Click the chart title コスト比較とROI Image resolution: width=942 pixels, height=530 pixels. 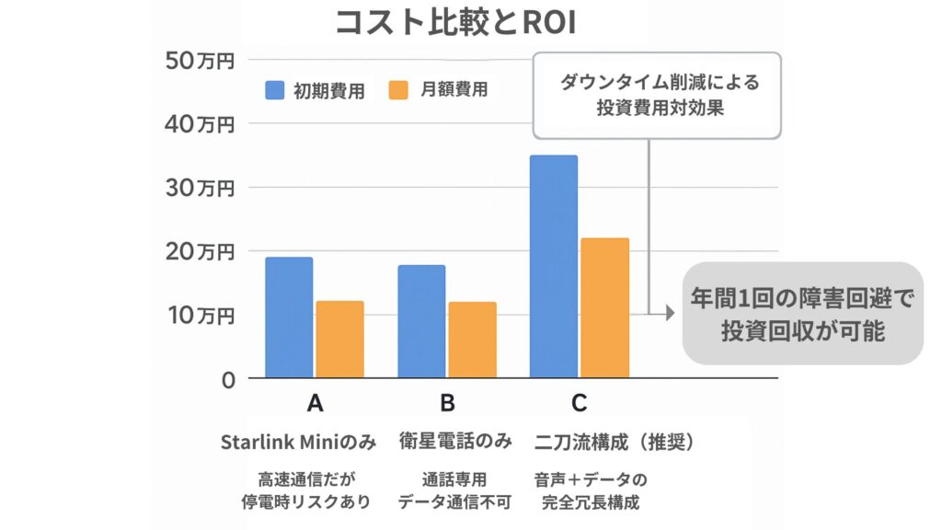click(x=454, y=23)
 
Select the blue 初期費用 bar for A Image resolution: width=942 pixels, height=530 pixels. click(x=289, y=317)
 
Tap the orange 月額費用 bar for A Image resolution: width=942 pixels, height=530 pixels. click(x=339, y=339)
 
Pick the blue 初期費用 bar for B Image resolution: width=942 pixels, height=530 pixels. click(x=421, y=321)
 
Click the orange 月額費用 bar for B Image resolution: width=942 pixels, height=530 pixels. click(x=472, y=340)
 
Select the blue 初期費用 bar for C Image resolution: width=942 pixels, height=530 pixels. click(x=554, y=267)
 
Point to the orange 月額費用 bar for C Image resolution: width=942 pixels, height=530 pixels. click(x=604, y=307)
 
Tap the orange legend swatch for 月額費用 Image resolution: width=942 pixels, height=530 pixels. click(x=397, y=90)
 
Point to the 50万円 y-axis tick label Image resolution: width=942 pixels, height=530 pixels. click(x=201, y=61)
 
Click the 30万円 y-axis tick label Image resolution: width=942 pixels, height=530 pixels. click(x=201, y=188)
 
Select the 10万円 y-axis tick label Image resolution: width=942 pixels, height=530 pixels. click(x=201, y=316)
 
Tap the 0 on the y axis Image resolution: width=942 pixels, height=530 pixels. click(x=228, y=379)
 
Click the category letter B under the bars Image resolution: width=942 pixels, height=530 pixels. click(x=447, y=403)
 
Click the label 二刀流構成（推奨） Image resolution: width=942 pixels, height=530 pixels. click(x=614, y=442)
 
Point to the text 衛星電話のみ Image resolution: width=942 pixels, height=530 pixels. click(x=454, y=442)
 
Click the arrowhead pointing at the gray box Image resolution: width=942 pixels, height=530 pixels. click(x=670, y=314)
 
